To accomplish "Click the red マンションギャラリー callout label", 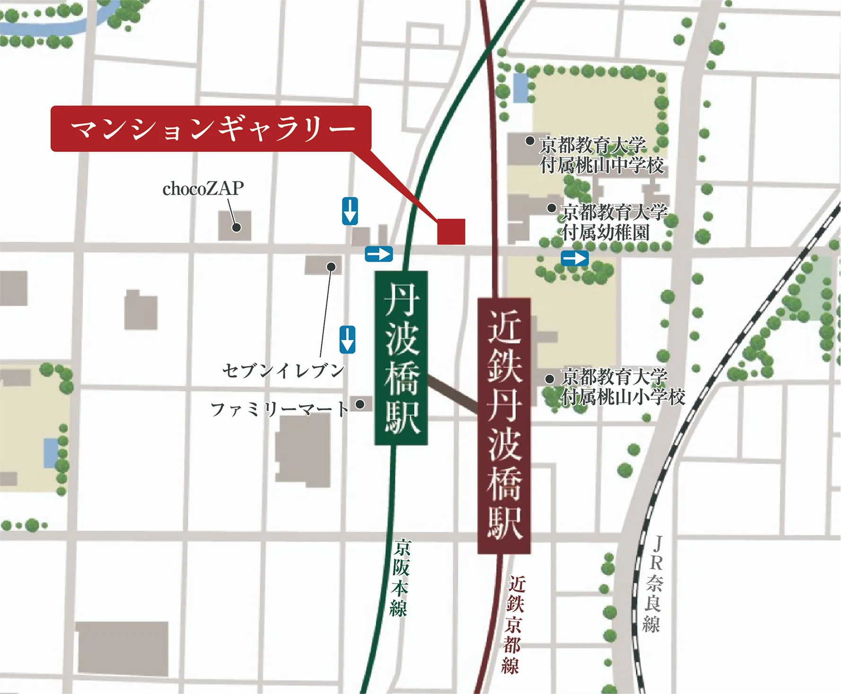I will click(x=211, y=129).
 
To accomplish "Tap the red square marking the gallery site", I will click(x=451, y=232).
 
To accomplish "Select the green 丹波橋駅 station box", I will click(x=401, y=358).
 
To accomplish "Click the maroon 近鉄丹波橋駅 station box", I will click(x=504, y=426).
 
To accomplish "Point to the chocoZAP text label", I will click(x=203, y=189).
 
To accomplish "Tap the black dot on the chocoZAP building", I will click(x=237, y=228).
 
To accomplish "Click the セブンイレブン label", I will click(x=283, y=370).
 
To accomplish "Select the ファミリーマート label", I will click(x=280, y=409).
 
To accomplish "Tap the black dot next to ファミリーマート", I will click(x=360, y=404).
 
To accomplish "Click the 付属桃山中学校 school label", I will click(x=602, y=166).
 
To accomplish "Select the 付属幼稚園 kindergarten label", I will click(x=605, y=233).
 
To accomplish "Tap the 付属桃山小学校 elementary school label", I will click(x=623, y=396).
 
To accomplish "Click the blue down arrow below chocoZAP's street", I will click(x=350, y=211).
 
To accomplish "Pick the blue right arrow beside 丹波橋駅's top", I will click(x=379, y=254).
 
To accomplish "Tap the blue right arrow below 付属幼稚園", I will click(x=575, y=259).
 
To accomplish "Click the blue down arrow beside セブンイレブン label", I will click(x=347, y=339).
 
